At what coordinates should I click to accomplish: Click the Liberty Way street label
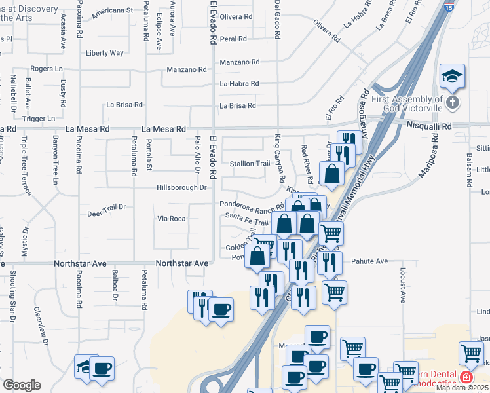click(105, 53)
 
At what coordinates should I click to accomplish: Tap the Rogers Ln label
click(46, 68)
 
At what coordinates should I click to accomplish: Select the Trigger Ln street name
click(39, 119)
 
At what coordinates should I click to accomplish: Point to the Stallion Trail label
click(250, 163)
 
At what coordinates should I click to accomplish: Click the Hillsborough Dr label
click(181, 187)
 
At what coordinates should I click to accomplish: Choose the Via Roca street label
click(172, 218)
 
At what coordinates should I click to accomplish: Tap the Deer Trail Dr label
click(106, 214)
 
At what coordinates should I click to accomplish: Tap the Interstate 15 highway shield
click(449, 7)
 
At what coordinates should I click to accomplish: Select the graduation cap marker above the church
click(452, 78)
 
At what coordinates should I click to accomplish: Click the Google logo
click(22, 385)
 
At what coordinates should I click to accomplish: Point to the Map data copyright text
click(462, 388)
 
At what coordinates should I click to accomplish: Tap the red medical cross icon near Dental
click(466, 377)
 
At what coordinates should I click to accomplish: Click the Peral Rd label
click(233, 39)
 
